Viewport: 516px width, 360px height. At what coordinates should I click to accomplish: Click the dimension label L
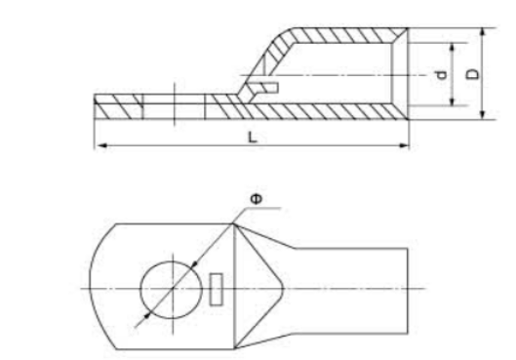[x=252, y=138]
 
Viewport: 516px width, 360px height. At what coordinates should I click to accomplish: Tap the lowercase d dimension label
[x=441, y=75]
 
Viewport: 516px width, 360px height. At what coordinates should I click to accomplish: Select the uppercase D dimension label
[x=472, y=74]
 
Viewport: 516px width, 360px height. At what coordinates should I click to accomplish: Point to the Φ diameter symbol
[x=257, y=199]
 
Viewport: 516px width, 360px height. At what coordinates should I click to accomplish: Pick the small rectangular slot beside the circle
[x=217, y=289]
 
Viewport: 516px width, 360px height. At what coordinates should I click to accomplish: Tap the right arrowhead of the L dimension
[x=404, y=145]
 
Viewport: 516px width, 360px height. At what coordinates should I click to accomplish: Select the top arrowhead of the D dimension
[x=483, y=33]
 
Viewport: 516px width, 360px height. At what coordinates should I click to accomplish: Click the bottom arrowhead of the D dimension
[x=483, y=114]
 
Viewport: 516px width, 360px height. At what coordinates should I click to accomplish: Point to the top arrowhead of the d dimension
[x=453, y=48]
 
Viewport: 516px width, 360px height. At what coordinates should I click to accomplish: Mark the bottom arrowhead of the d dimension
[x=453, y=101]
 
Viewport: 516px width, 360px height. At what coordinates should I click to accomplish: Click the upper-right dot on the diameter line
[x=195, y=263]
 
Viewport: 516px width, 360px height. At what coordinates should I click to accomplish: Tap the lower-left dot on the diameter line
[x=147, y=316]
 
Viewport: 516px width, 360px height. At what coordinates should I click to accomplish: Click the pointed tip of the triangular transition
[x=283, y=288]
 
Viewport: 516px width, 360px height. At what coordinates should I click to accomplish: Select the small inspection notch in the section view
[x=265, y=88]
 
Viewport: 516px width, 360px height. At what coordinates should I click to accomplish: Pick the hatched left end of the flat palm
[x=118, y=106]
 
